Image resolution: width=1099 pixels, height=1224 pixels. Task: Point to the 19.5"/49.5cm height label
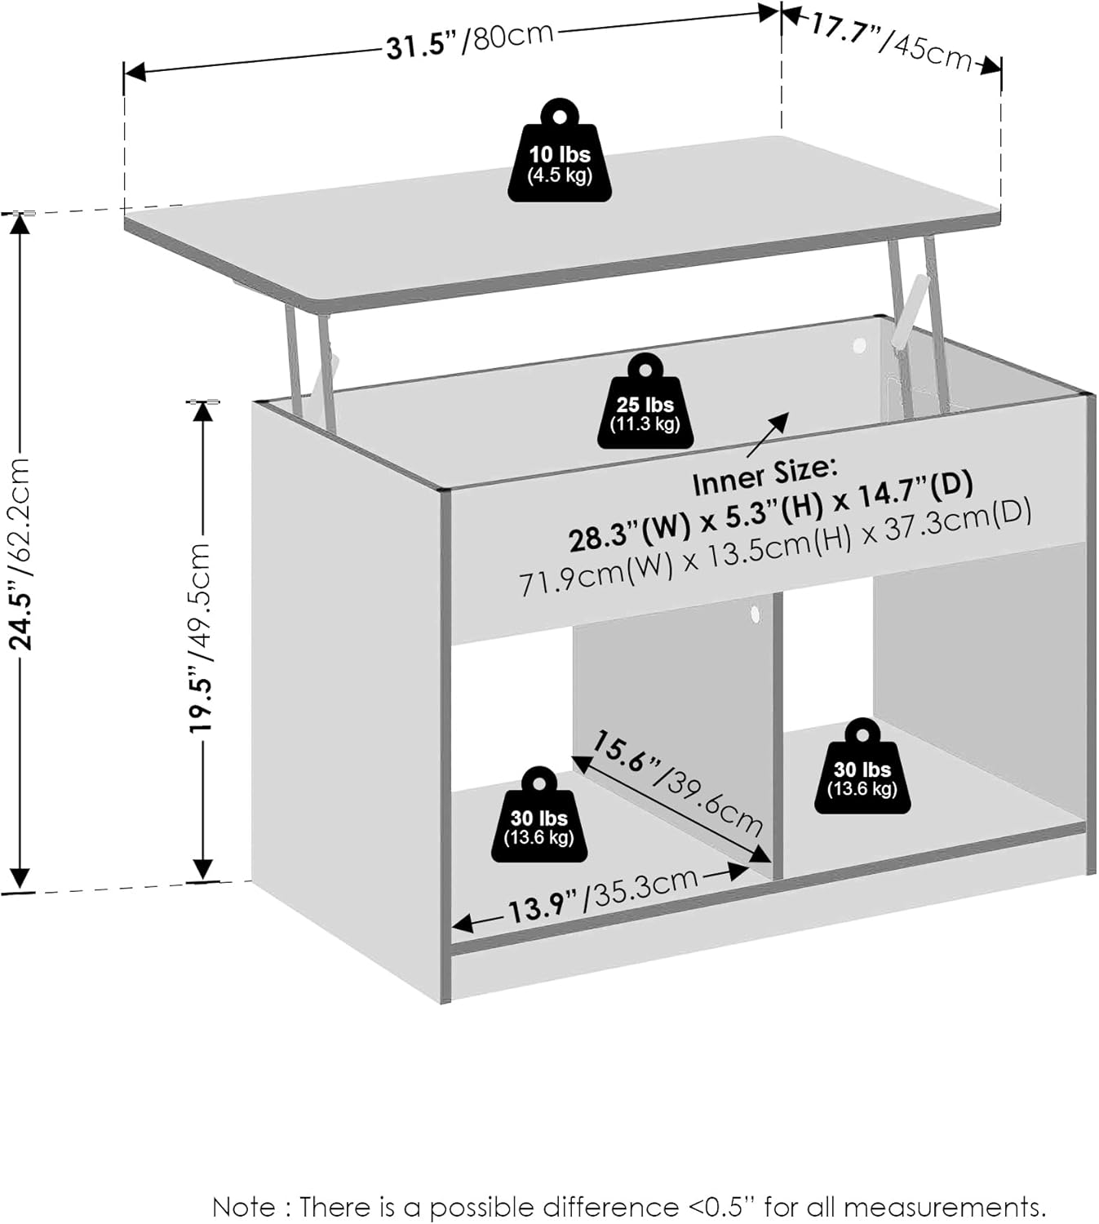tap(200, 636)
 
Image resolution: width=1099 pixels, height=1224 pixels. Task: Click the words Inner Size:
tap(764, 477)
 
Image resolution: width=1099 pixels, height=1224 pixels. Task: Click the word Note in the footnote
tap(244, 1206)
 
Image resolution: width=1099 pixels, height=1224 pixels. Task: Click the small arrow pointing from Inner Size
tap(767, 435)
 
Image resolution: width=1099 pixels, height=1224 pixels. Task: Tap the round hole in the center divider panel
tap(755, 614)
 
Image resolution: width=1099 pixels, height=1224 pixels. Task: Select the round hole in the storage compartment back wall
tap(858, 346)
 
